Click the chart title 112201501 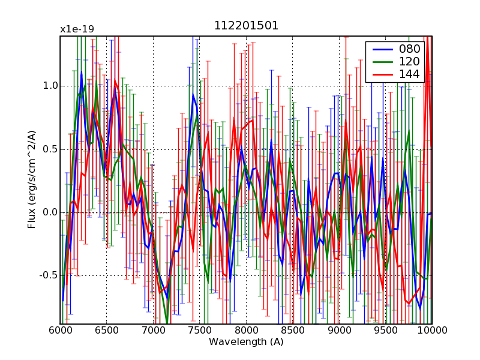coord(246,26)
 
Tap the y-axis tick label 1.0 coord(50,86)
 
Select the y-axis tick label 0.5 coord(50,149)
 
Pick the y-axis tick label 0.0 coord(50,212)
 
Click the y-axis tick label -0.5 coord(48,276)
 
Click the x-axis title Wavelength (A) coord(246,342)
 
